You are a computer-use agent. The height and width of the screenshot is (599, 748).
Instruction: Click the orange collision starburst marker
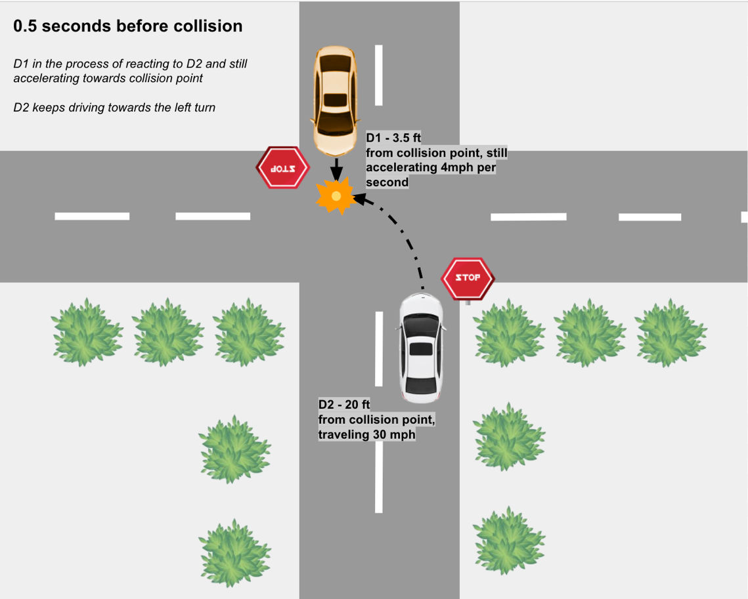tap(336, 196)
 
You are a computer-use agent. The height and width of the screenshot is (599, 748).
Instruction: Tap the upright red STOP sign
tap(467, 278)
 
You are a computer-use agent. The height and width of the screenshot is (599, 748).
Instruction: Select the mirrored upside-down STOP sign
tap(282, 167)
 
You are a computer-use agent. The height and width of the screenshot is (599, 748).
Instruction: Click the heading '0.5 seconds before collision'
tap(128, 26)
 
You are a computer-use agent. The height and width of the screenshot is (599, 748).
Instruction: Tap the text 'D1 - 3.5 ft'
tap(393, 138)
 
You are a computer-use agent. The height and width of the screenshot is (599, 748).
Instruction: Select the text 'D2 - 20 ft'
tap(344, 405)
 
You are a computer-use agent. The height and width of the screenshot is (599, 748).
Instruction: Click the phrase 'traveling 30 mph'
tap(366, 434)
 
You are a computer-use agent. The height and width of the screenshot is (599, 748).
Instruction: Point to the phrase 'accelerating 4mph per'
tap(430, 167)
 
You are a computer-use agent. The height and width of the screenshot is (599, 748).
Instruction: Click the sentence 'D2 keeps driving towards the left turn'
tap(114, 107)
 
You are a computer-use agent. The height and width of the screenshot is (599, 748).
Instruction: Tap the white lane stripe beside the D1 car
tap(379, 75)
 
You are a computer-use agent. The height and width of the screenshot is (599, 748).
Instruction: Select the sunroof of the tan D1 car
tap(336, 100)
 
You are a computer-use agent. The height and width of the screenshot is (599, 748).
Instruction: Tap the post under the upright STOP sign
tap(468, 302)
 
